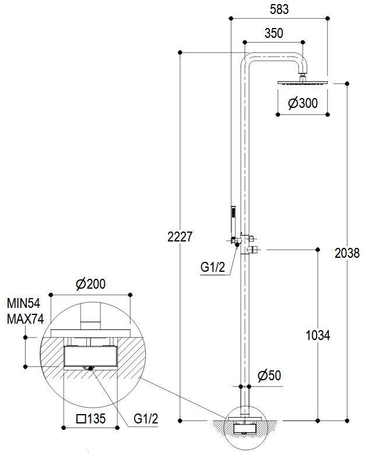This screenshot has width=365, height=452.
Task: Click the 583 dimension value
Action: [x=279, y=9]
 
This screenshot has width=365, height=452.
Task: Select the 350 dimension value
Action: [x=273, y=33]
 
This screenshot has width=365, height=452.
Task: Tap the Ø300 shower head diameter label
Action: [x=303, y=103]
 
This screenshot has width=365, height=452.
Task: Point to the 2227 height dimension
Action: [x=180, y=237]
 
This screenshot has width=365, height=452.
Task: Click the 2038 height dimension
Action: [x=347, y=253]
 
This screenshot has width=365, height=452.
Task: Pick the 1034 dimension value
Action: [x=318, y=335]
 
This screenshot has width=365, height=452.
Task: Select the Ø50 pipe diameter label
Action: [x=269, y=376]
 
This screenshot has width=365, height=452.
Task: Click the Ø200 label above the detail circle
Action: [x=91, y=284]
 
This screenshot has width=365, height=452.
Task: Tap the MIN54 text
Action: [x=23, y=303]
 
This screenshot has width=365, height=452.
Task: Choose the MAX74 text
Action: [x=25, y=319]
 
